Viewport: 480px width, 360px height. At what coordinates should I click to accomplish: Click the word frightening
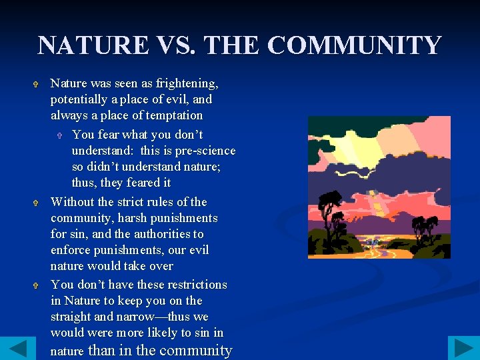tap(187, 83)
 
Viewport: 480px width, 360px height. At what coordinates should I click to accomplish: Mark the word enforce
tap(71, 250)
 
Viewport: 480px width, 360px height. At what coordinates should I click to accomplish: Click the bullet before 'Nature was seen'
tap(39, 85)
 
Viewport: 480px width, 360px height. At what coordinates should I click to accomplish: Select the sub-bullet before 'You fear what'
tap(60, 136)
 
